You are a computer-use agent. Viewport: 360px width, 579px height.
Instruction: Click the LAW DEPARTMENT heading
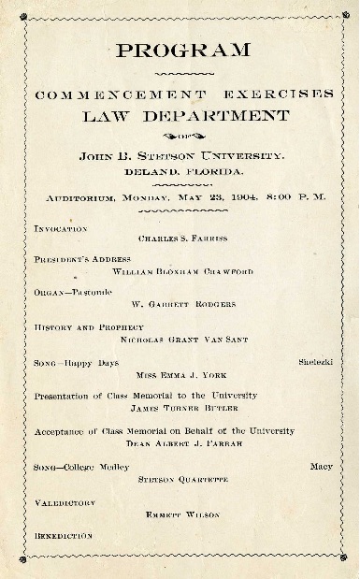click(183, 116)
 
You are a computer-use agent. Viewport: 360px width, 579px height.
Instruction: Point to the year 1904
click(234, 196)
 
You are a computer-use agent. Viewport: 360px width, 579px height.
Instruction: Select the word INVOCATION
click(61, 228)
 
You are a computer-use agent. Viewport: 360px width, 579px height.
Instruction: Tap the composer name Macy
click(322, 466)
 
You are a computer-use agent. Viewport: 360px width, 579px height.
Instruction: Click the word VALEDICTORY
click(65, 502)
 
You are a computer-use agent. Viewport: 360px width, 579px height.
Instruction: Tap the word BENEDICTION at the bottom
click(64, 536)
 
